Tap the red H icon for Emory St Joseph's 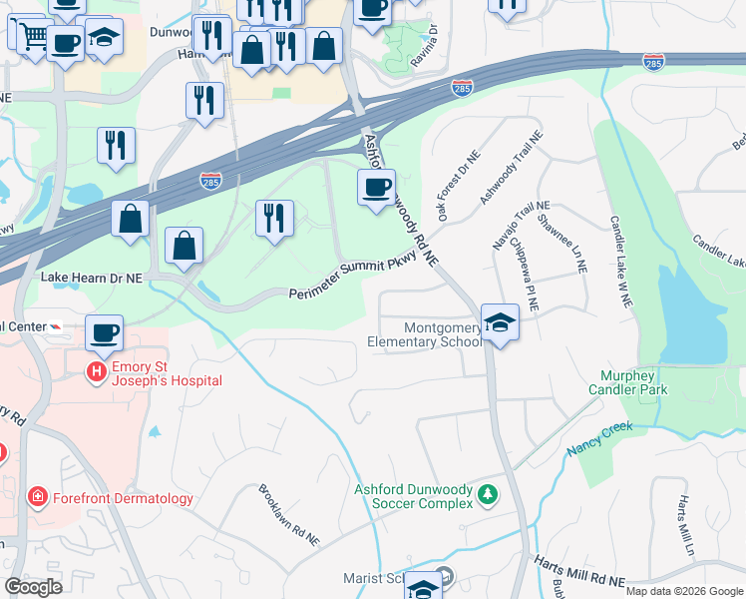96,372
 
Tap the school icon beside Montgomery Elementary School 500,321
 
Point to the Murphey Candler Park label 639,382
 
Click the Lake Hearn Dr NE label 91,275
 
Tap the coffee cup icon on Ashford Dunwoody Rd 376,187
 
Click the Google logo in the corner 34,587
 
